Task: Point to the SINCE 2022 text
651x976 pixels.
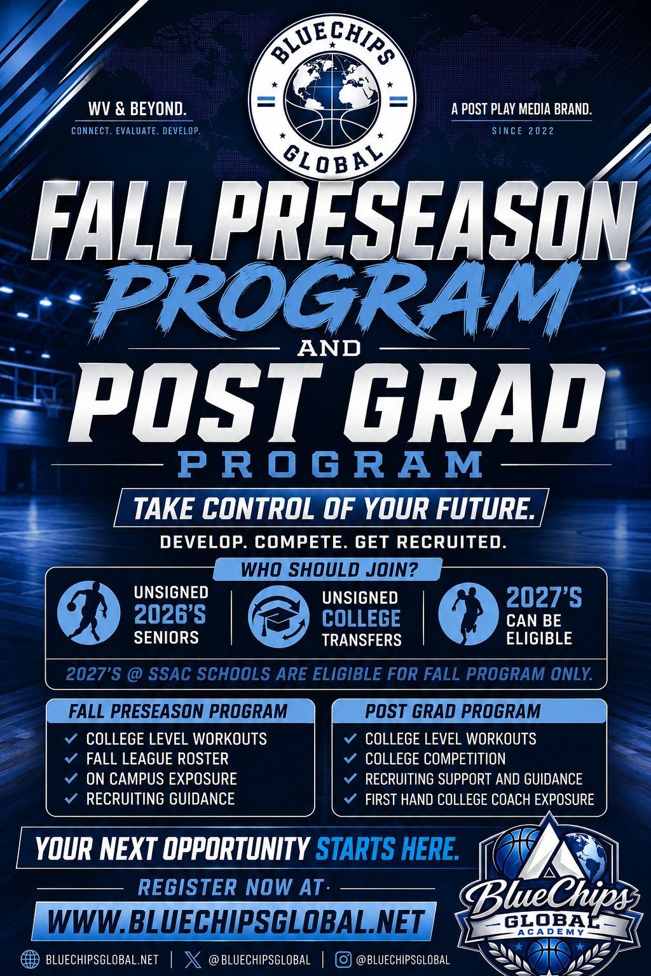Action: tap(523, 130)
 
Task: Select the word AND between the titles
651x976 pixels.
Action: tap(329, 349)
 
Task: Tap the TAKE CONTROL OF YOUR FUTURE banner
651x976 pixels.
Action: tap(331, 508)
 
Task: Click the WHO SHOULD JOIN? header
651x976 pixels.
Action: tap(329, 569)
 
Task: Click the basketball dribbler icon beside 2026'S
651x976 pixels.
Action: tap(89, 613)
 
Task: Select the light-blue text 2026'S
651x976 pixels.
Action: tap(169, 615)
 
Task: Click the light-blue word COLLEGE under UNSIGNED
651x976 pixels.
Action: tap(361, 618)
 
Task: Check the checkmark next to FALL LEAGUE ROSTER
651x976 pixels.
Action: tap(71, 758)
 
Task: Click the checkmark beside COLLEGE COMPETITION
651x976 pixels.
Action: tap(350, 758)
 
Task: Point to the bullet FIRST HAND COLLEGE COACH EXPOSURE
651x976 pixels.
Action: tap(479, 799)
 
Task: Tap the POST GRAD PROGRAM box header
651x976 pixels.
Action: tap(469, 711)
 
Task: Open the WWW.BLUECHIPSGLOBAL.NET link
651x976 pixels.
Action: tap(235, 921)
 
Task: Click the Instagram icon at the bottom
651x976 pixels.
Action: tap(343, 959)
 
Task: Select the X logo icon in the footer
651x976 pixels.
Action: tap(193, 959)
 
